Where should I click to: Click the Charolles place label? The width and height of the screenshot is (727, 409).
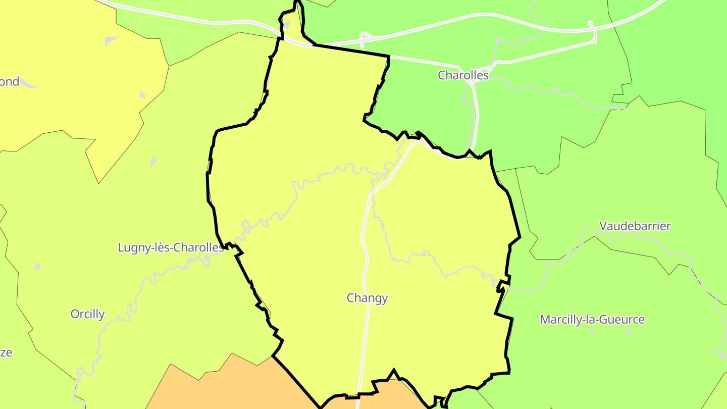(463, 75)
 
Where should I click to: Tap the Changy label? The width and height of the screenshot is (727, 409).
(367, 298)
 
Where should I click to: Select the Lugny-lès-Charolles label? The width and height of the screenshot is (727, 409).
(171, 247)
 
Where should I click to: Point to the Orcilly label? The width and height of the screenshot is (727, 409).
(87, 314)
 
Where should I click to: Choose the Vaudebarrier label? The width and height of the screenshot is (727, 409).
(635, 226)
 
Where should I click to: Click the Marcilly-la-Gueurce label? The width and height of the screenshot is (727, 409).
(592, 320)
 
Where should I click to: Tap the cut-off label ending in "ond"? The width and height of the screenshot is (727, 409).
(9, 82)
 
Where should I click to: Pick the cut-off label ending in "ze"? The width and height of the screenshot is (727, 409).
(6, 352)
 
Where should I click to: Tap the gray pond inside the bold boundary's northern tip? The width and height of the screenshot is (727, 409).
(286, 24)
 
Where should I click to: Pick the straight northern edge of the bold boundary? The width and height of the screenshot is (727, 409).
(351, 50)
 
